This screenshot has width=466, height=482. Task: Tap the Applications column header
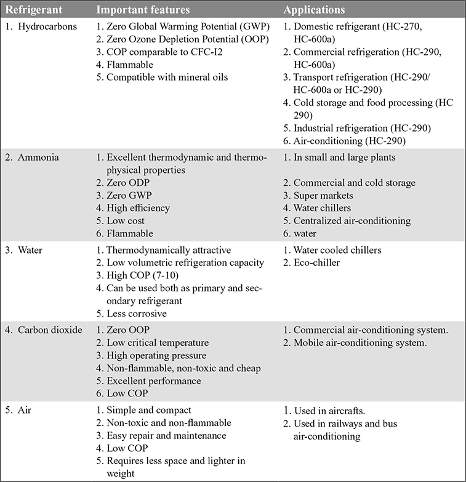314,10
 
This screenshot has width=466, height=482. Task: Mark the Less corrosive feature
140,313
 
